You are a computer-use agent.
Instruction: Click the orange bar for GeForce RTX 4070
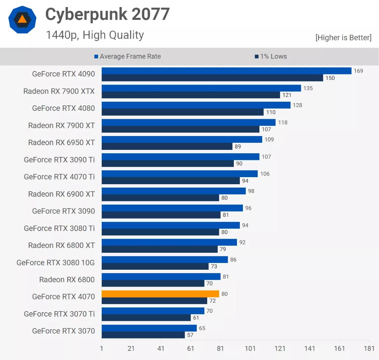tap(160, 294)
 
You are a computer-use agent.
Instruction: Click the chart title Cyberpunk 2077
tap(107, 14)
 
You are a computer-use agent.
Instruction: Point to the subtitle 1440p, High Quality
tap(95, 35)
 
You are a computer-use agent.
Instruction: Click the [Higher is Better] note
tap(343, 38)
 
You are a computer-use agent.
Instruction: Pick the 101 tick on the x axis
tap(250, 348)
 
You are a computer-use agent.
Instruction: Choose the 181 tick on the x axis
tap(369, 348)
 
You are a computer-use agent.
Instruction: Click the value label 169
tap(358, 71)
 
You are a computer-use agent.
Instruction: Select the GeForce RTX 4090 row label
tap(63, 74)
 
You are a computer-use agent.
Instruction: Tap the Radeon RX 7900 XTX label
tap(59, 91)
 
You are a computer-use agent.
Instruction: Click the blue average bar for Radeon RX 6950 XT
tap(182, 139)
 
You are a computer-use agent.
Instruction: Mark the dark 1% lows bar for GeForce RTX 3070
tap(143, 335)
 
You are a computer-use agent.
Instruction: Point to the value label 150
tap(330, 78)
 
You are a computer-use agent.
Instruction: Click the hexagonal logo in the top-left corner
tap(22, 19)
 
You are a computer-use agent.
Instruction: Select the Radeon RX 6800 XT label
tap(61, 246)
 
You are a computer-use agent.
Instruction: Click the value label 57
tap(190, 335)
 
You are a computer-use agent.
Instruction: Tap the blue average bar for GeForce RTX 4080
tap(196, 105)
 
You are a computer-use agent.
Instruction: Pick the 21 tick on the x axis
tap(131, 348)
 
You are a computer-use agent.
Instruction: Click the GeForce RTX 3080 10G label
tap(56, 263)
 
